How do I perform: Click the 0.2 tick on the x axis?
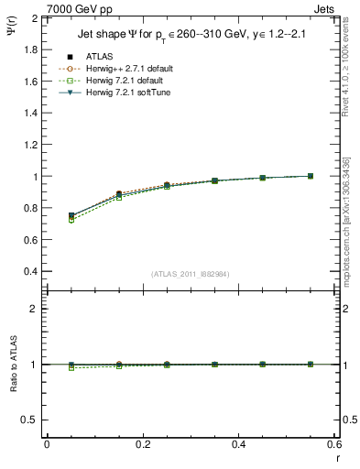point(142,444)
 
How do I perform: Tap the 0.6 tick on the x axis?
point(334,444)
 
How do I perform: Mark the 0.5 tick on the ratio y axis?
point(31,420)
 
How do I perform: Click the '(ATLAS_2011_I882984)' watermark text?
point(190,274)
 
